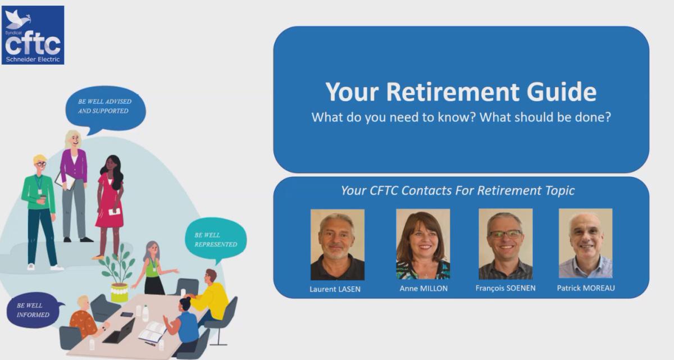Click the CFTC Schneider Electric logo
(x=33, y=35)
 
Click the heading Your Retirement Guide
(x=461, y=92)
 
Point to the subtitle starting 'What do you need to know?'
(x=461, y=118)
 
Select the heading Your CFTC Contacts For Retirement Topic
(x=458, y=190)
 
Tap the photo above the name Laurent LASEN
(x=337, y=245)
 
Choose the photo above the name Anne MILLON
(x=423, y=244)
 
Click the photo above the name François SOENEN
(x=505, y=244)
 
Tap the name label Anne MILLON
(x=423, y=289)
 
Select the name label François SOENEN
(x=505, y=289)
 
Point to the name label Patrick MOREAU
(x=586, y=288)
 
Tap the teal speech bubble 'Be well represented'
(x=216, y=240)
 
